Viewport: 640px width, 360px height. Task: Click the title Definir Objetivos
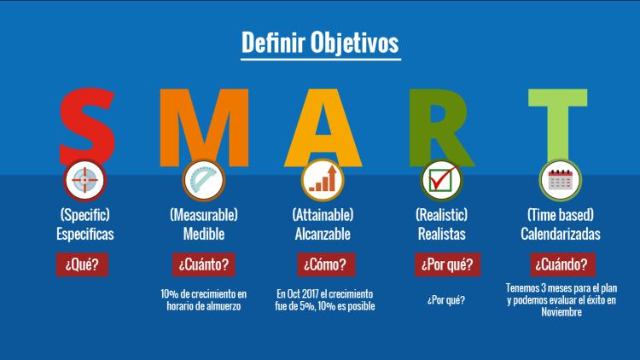tap(320, 43)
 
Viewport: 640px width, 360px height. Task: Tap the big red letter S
tap(86, 126)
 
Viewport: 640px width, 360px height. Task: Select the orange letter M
tap(204, 127)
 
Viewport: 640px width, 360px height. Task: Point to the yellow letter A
tap(323, 127)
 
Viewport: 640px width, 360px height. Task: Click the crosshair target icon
tap(84, 180)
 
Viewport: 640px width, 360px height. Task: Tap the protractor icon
tap(204, 180)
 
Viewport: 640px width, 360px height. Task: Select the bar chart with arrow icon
tap(323, 180)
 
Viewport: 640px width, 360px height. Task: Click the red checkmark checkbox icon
tap(442, 180)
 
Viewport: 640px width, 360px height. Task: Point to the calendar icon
tap(561, 180)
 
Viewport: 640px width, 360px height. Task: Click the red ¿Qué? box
tap(82, 264)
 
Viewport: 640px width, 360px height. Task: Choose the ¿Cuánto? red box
tap(204, 264)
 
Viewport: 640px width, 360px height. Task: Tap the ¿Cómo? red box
tap(326, 264)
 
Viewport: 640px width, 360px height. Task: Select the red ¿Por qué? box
tap(447, 264)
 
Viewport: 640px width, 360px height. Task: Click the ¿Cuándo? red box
tap(562, 264)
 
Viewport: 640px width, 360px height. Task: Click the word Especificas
tap(84, 234)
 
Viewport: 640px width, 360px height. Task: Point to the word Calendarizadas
tap(561, 234)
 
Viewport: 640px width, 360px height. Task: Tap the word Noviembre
tap(561, 312)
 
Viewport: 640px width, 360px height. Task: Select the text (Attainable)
tap(323, 215)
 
